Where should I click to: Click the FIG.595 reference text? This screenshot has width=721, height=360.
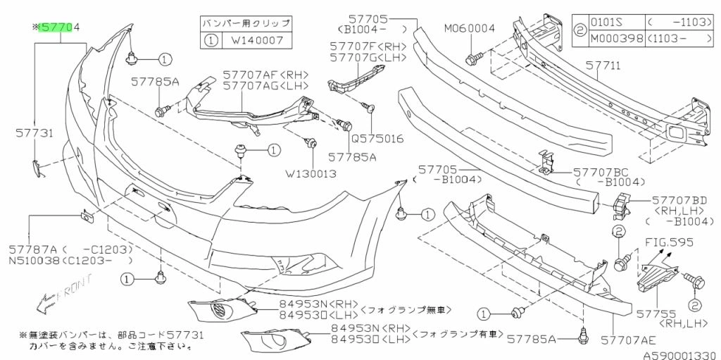coord(670,242)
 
